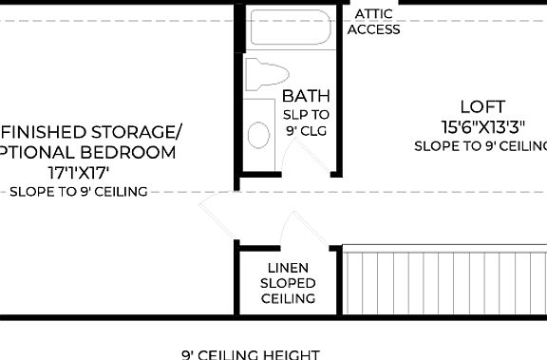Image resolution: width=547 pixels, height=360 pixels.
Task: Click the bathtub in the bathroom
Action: (289, 28)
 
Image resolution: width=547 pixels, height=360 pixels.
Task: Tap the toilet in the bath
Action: (265, 75)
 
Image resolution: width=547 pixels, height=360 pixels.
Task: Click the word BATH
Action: (306, 96)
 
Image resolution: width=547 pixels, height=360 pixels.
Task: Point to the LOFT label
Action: (482, 106)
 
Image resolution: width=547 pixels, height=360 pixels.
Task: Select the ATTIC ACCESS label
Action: (373, 22)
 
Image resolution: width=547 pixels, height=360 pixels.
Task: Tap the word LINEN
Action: (288, 268)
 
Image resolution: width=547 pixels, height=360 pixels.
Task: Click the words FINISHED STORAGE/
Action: (90, 131)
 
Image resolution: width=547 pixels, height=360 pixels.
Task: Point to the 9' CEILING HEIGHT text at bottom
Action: (251, 354)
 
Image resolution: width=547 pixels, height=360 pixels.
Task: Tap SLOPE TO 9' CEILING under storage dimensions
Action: (78, 191)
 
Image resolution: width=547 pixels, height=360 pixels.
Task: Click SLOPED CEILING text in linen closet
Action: (289, 291)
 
